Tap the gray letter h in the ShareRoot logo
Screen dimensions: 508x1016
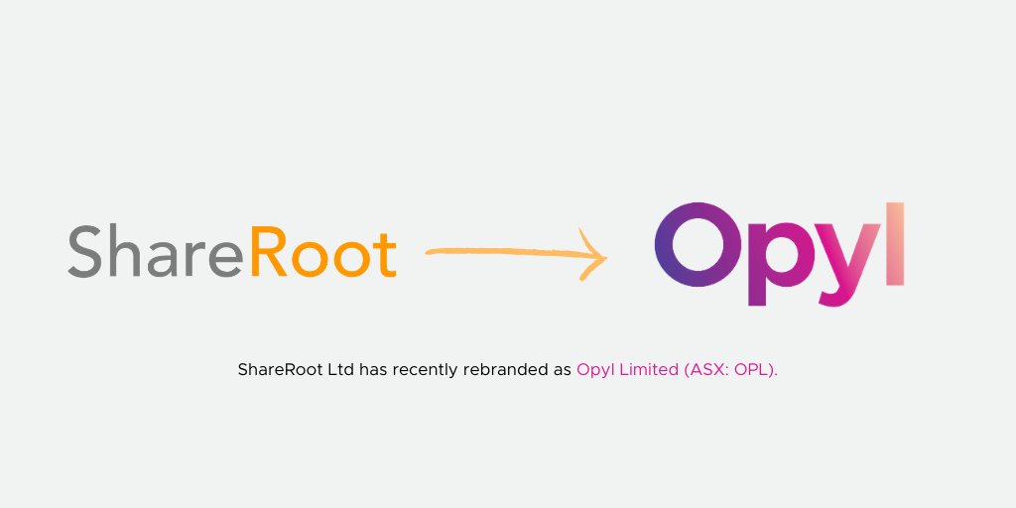(x=125, y=250)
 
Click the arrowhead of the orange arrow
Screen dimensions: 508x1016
(x=596, y=255)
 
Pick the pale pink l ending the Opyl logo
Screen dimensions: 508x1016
(x=894, y=243)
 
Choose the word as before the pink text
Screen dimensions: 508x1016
(x=560, y=370)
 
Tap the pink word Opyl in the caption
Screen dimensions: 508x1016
(x=595, y=371)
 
